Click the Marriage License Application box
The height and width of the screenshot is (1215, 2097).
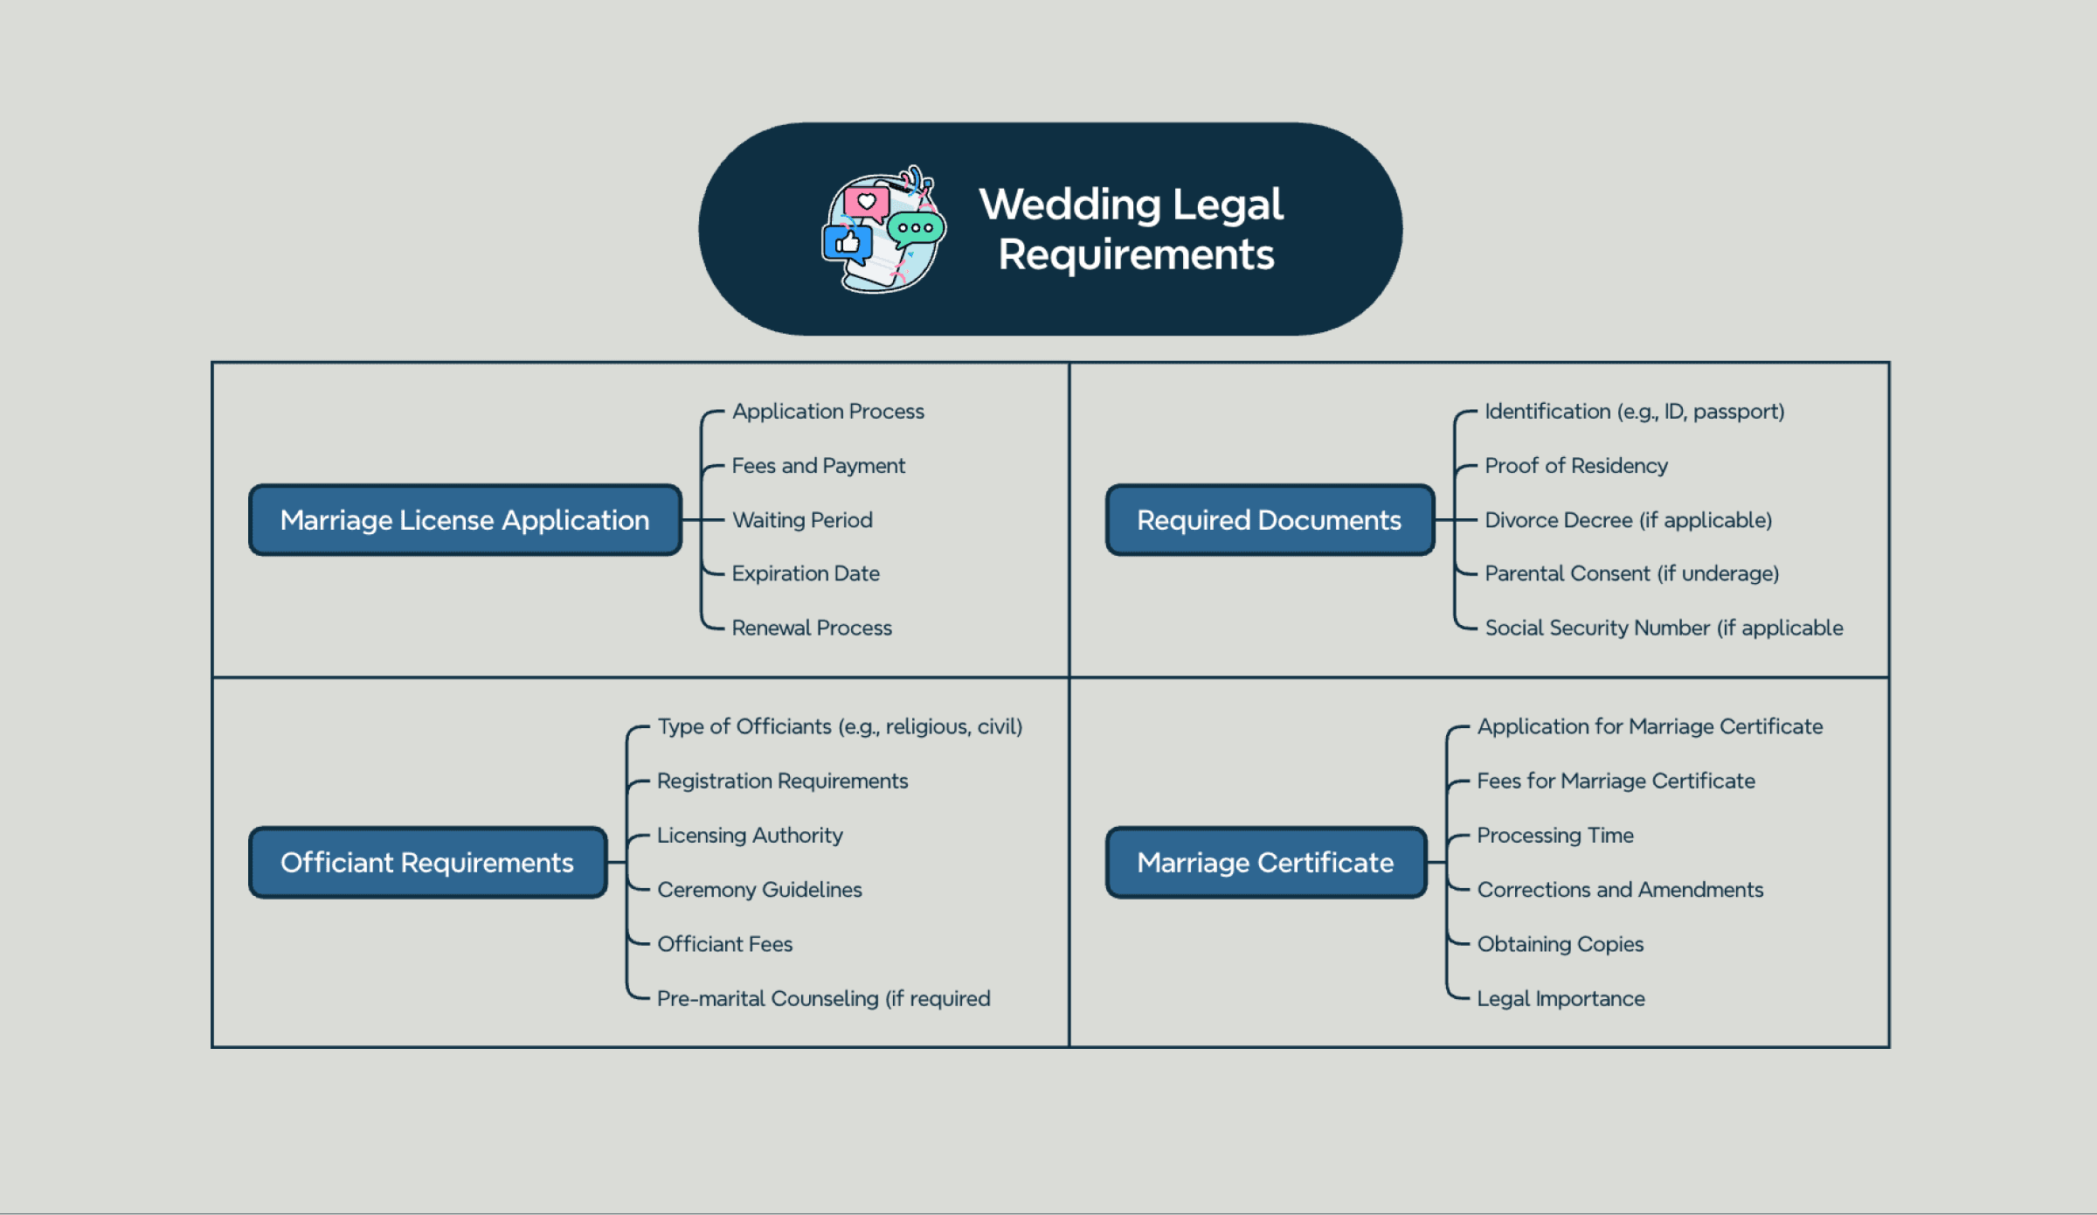point(465,520)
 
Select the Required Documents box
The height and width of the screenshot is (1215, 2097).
point(1270,520)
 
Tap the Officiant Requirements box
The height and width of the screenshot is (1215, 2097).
point(427,863)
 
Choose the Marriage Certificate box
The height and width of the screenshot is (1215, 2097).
point(1266,863)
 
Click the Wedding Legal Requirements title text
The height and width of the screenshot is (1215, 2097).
point(1132,229)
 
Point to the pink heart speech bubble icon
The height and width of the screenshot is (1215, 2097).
point(867,204)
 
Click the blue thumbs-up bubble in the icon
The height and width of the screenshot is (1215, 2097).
point(847,244)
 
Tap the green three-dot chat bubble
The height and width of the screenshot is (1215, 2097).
point(916,229)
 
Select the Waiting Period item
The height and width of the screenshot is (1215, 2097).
point(802,520)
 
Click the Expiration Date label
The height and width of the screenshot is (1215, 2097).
point(806,573)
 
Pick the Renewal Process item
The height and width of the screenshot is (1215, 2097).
point(812,628)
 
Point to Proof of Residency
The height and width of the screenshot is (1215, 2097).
point(1576,466)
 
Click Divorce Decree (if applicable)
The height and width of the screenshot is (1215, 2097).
point(1629,520)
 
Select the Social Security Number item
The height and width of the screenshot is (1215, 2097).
point(1664,628)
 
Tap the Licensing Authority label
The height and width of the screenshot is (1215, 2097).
point(750,836)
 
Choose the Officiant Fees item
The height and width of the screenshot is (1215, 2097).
point(725,944)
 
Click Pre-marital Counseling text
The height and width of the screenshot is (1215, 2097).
point(824,998)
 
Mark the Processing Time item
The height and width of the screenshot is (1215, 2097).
point(1555,836)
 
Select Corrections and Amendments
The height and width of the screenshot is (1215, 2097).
point(1621,890)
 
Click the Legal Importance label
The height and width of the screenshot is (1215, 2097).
point(1561,998)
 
